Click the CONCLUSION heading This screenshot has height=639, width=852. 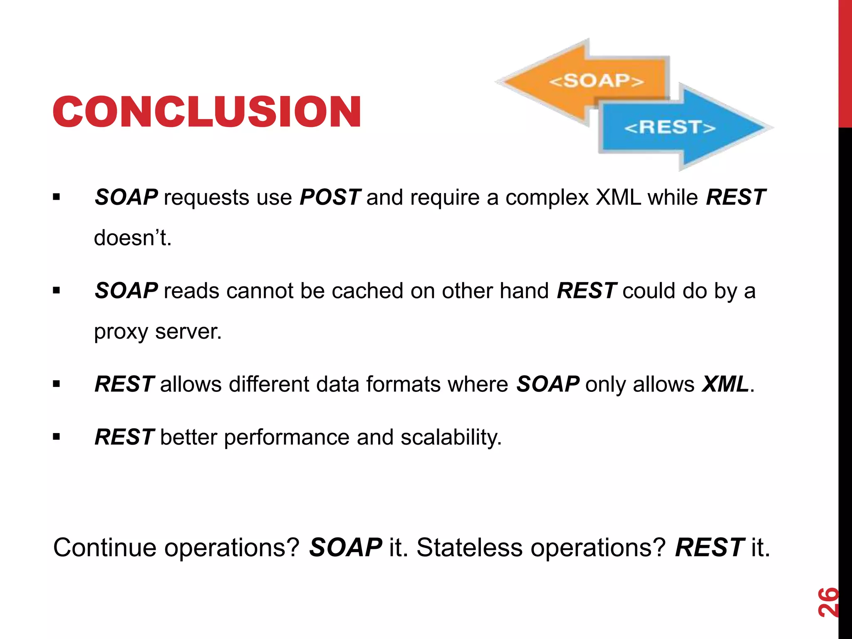(x=207, y=111)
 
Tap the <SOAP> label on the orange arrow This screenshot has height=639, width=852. (x=597, y=81)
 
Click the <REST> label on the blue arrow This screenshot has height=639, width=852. (x=670, y=127)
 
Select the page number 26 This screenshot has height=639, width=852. (x=828, y=602)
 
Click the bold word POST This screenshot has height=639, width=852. (x=330, y=197)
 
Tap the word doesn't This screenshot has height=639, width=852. (x=133, y=238)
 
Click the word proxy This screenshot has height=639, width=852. (x=121, y=332)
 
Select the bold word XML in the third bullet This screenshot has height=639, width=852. (x=725, y=384)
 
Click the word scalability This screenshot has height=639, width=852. (x=451, y=437)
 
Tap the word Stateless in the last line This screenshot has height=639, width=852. (x=469, y=547)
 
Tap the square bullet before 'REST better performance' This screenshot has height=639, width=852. (x=57, y=437)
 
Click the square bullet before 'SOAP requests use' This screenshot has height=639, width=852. (x=57, y=197)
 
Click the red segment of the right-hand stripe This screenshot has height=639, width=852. (x=845, y=62)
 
